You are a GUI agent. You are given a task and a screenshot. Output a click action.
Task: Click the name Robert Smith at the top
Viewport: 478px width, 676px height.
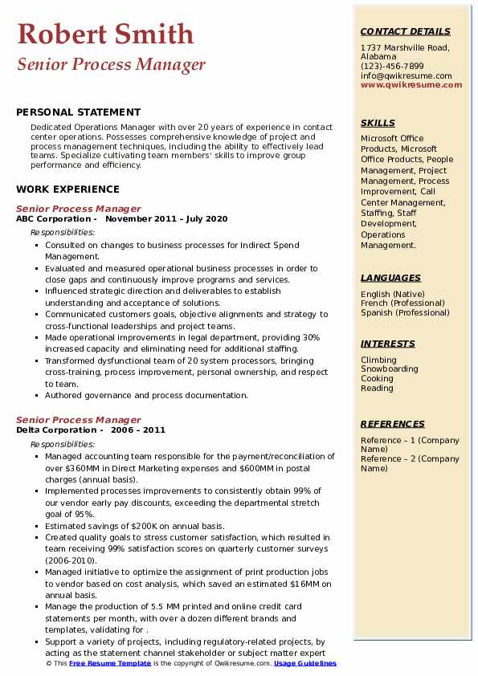[105, 35]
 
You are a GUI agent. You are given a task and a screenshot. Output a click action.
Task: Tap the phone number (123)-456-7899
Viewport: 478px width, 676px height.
[392, 67]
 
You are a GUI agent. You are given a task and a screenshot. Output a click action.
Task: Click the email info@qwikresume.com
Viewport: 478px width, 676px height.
[406, 75]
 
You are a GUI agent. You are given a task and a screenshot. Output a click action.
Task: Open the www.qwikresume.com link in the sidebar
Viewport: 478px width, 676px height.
[406, 84]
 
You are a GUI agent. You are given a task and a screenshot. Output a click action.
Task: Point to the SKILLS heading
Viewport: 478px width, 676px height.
[378, 123]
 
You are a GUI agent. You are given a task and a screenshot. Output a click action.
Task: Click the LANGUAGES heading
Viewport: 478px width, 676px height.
[390, 278]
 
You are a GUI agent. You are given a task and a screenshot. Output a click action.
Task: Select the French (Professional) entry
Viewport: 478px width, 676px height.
[403, 303]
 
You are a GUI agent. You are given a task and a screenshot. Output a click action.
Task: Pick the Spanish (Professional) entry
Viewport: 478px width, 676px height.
[405, 312]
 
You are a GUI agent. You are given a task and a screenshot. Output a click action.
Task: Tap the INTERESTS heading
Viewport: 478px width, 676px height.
[388, 344]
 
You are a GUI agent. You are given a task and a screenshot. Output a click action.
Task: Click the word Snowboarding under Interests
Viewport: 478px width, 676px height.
[390, 369]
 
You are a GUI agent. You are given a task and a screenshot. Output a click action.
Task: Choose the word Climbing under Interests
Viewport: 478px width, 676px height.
[378, 360]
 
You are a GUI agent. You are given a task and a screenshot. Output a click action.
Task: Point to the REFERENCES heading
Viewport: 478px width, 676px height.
[393, 424]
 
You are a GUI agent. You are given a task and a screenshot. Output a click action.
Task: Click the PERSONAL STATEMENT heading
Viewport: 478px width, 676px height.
[78, 112]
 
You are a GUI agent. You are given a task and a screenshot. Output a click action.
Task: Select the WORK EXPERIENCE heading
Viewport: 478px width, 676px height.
[67, 189]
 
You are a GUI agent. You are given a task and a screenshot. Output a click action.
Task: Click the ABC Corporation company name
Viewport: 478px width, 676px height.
[53, 219]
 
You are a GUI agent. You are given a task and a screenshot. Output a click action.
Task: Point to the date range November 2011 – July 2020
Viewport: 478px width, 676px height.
[166, 219]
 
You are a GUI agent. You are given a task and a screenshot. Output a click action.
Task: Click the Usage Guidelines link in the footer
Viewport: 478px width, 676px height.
[304, 664]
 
